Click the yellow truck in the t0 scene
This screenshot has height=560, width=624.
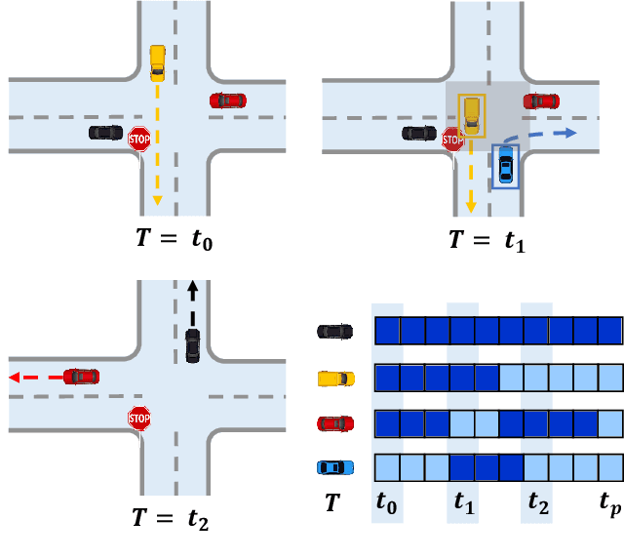point(158,61)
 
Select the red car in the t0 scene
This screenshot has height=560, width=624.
point(227,100)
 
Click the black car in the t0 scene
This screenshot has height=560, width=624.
point(105,131)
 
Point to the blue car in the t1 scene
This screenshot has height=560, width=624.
point(505,166)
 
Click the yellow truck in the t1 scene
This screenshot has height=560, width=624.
point(472,114)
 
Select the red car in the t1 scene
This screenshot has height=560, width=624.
point(541,100)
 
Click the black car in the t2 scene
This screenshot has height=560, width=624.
point(193,344)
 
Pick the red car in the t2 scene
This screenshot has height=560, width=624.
point(82,376)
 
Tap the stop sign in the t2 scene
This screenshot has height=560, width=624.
point(139,420)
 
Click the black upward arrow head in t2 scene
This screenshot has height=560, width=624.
point(192,289)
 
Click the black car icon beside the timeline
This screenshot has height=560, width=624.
point(335,331)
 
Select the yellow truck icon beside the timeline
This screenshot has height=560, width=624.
point(335,378)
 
